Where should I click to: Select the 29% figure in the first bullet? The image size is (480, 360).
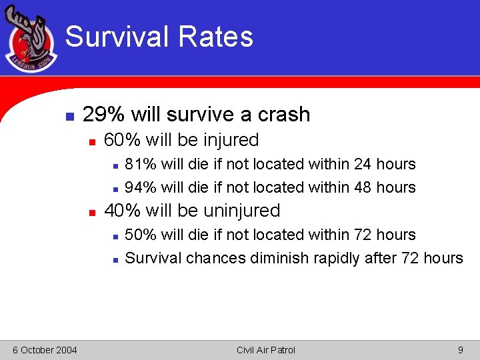(x=103, y=115)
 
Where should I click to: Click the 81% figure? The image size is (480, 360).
(x=139, y=164)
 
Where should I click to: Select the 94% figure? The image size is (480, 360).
(x=139, y=187)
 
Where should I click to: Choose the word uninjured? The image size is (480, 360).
(x=241, y=211)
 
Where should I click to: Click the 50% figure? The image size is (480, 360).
(x=139, y=235)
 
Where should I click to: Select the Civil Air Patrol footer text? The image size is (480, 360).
(x=265, y=350)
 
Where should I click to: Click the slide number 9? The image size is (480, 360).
(x=460, y=350)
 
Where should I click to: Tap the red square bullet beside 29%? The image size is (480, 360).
(x=69, y=115)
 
